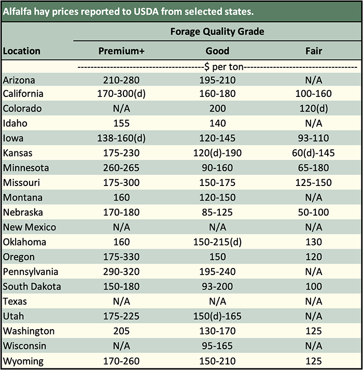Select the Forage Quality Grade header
coord(217,32)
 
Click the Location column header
coord(21,51)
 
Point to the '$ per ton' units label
coord(217,67)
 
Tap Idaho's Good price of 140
coord(217,123)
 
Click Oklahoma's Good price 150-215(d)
coord(217,242)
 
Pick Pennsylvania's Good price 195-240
coord(217,272)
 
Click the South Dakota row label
coord(32,287)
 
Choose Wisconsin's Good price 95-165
coord(217,346)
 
